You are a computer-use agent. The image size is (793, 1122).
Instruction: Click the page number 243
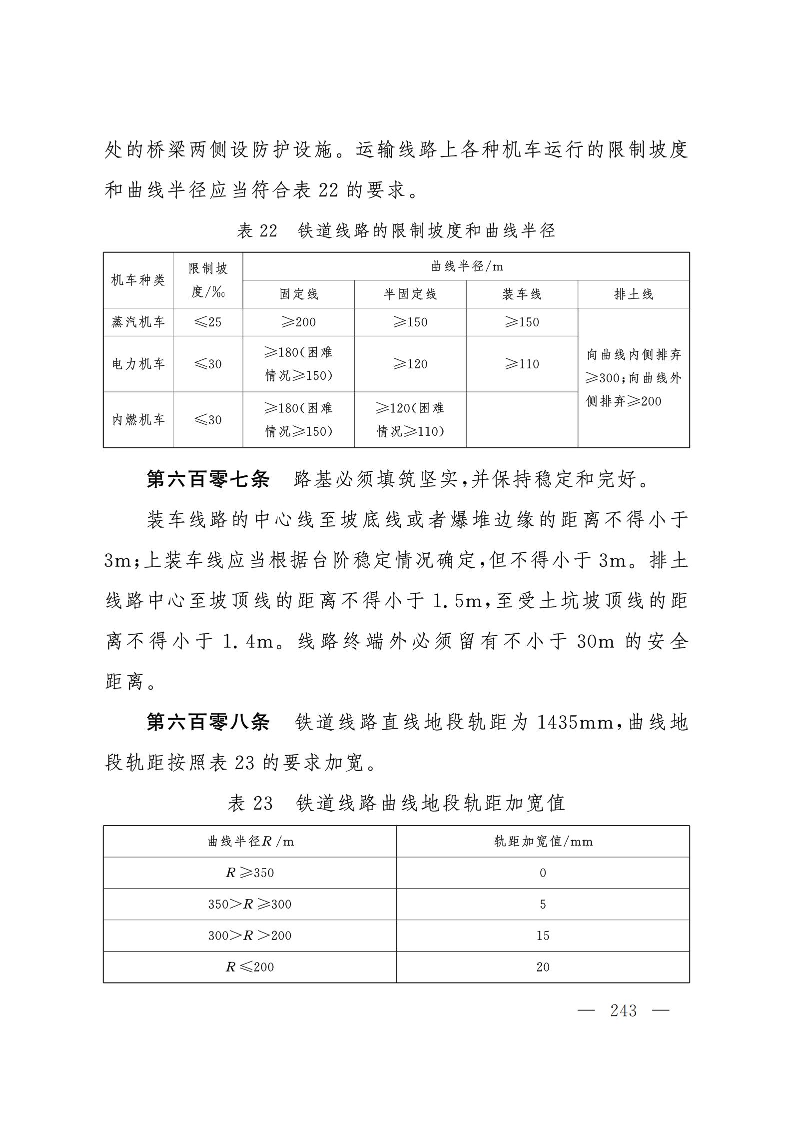[623, 1011]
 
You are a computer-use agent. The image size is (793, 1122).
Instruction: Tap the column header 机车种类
[138, 280]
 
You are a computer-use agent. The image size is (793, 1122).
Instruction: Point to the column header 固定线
[298, 294]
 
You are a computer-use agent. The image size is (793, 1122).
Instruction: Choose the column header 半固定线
[410, 294]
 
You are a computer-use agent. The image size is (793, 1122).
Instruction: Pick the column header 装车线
[522, 294]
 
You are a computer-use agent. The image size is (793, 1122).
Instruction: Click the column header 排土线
[634, 294]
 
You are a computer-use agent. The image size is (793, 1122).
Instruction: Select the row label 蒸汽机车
[138, 322]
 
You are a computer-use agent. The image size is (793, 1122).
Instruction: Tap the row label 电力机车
[138, 364]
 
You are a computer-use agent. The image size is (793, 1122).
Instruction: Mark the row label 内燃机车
[138, 420]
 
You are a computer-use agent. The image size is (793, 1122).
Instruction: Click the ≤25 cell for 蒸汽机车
[208, 322]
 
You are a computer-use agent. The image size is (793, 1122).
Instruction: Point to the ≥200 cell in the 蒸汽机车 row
[298, 322]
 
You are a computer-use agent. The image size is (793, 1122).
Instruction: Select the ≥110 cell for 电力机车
[522, 364]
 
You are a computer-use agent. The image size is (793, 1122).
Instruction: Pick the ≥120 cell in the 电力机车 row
[410, 364]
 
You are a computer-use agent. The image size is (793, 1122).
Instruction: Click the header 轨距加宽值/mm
[543, 842]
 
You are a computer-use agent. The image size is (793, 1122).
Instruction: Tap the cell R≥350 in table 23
[250, 873]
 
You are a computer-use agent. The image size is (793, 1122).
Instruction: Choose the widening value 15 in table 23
[543, 936]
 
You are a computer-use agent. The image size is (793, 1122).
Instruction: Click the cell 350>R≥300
[250, 904]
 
